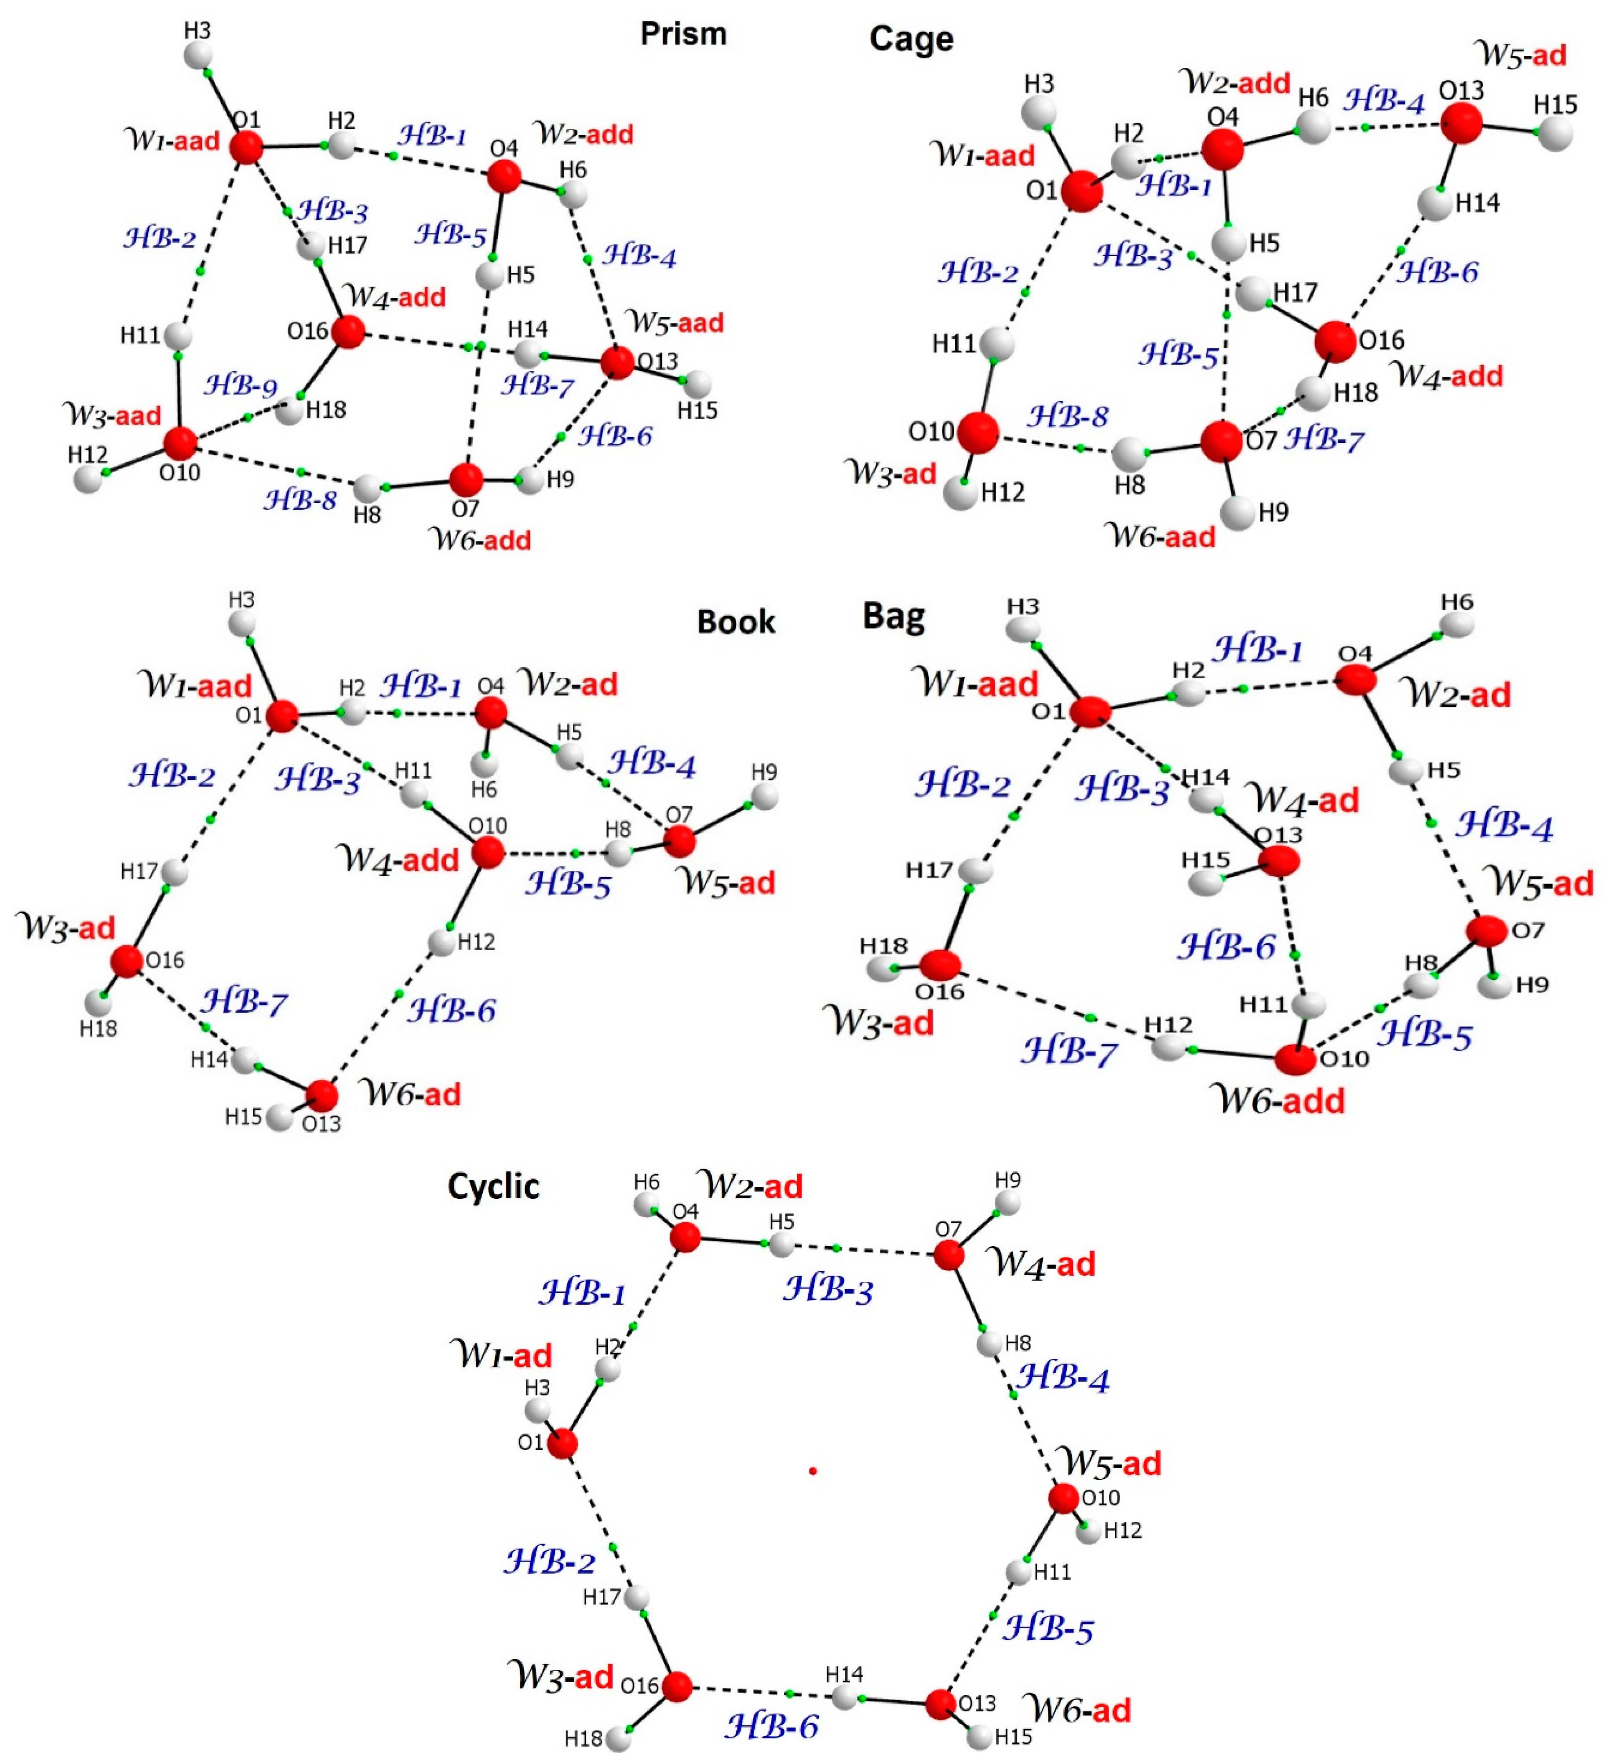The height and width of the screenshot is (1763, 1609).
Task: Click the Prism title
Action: (x=683, y=34)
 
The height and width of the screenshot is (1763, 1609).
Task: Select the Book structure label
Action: (x=735, y=622)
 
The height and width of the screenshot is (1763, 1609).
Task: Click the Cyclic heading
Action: (x=493, y=1187)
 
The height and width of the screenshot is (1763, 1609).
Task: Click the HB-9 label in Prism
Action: (x=241, y=385)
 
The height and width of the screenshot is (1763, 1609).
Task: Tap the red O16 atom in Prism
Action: (x=348, y=332)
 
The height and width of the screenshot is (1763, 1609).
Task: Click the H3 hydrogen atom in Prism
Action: (x=198, y=55)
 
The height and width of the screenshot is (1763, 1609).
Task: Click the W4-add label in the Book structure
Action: (x=398, y=860)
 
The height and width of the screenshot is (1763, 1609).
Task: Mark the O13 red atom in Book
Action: (x=322, y=1095)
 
